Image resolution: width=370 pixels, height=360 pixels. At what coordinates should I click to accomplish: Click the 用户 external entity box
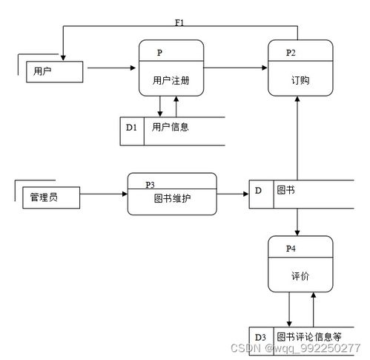[x=48, y=71]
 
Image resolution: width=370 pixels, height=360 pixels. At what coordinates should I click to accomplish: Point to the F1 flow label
[x=179, y=22]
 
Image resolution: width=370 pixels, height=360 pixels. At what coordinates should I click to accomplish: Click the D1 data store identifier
[x=131, y=128]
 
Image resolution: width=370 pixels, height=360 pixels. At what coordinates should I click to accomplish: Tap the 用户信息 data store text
[x=171, y=128]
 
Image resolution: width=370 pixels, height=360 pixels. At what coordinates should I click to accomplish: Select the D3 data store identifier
[x=260, y=337]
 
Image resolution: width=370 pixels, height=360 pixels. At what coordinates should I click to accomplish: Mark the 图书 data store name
[x=285, y=191]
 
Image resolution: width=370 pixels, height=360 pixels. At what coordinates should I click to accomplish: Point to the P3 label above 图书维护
[x=150, y=184]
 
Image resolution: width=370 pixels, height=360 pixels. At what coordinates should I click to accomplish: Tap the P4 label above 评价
[x=291, y=247]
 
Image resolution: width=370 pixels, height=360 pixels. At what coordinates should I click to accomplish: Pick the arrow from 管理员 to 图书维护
[x=103, y=194]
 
